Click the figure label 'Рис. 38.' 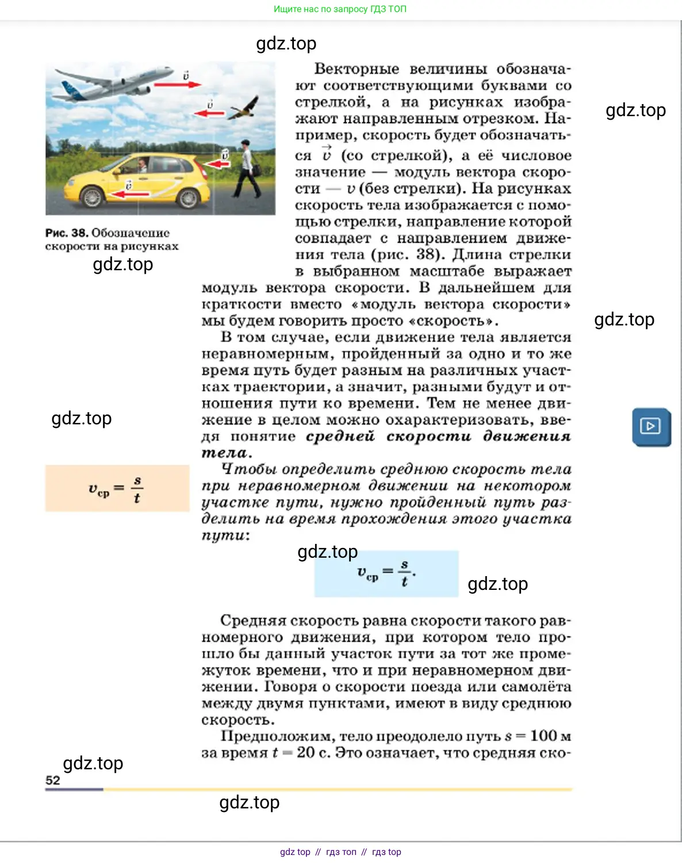coord(67,233)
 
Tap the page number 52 coord(52,780)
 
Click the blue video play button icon coord(651,427)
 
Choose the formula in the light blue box coord(386,573)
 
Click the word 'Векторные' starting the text coord(357,69)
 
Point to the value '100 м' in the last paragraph coord(550,736)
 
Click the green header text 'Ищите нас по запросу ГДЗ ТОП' coord(340,9)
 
